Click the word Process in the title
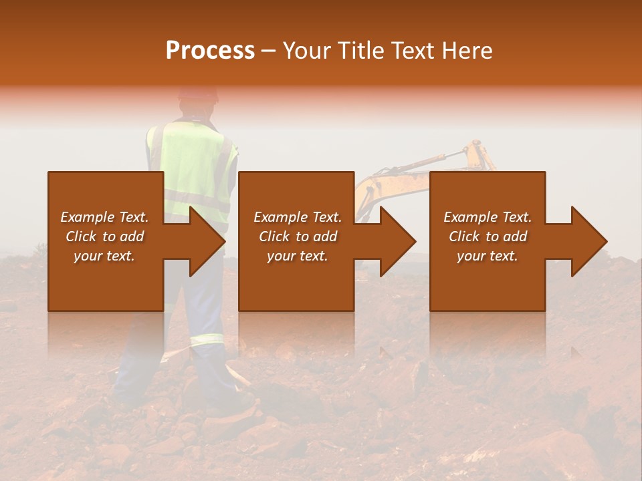tap(210, 51)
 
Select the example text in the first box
tap(105, 236)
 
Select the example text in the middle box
tap(298, 236)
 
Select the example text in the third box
tap(488, 236)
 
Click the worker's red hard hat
tap(198, 94)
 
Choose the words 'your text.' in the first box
tap(104, 256)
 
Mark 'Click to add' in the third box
tap(488, 236)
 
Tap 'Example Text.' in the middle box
tap(298, 217)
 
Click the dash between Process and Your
tap(269, 51)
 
